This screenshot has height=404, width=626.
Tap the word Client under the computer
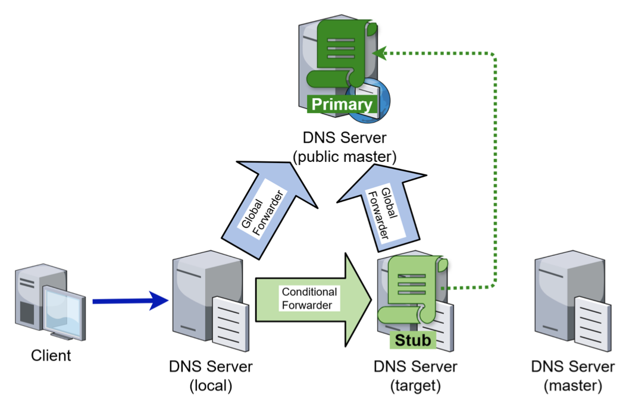51,356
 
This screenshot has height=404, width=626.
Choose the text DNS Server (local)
211,375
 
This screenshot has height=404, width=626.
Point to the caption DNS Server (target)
415,375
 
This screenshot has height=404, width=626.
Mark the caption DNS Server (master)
573,375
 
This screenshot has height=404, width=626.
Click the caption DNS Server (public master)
344,147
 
